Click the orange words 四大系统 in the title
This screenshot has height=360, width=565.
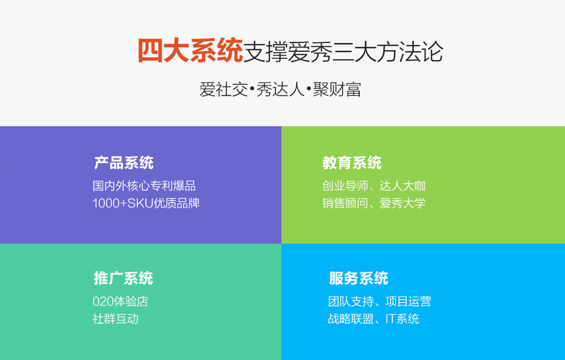pos(190,51)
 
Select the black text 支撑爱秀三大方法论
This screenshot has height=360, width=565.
pos(343,52)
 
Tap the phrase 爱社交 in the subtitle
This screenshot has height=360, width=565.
pos(224,89)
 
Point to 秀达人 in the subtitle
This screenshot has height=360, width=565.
pos(280,89)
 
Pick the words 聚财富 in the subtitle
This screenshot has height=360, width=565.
pos(337,89)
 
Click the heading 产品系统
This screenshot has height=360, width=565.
pos(124,163)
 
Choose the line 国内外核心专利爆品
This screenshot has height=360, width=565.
pos(144,186)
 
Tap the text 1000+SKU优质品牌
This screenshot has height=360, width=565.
pos(146,203)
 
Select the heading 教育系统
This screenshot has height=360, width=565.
pos(352,163)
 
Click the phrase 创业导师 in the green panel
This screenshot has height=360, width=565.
pos(345,186)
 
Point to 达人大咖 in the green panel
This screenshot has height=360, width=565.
pos(402,186)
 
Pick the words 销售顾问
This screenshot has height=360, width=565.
pos(345,203)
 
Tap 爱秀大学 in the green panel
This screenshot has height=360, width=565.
pos(402,203)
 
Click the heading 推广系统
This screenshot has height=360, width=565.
pos(123,278)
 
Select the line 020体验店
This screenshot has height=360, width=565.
pos(120,302)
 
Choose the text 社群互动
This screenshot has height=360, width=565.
pos(115,319)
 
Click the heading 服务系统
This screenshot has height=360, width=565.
pos(359,278)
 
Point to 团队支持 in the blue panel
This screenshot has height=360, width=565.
pos(351,302)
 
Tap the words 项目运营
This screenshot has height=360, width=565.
pos(408,302)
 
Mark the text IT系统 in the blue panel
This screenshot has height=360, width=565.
pos(402,319)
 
